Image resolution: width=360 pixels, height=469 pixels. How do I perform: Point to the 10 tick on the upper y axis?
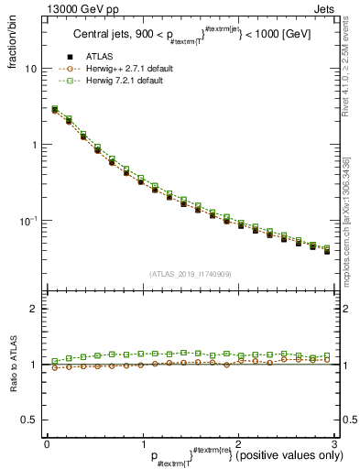pos(30,69)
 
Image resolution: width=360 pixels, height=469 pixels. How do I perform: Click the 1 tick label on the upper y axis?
pos(34,145)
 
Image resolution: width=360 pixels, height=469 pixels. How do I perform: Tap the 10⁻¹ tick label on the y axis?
pos(27,220)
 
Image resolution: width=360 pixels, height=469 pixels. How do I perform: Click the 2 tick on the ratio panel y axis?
pos(34,309)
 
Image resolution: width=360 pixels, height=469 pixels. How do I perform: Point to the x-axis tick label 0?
pos(46,443)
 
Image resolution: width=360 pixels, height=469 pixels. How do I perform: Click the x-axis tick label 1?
pos(142,443)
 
